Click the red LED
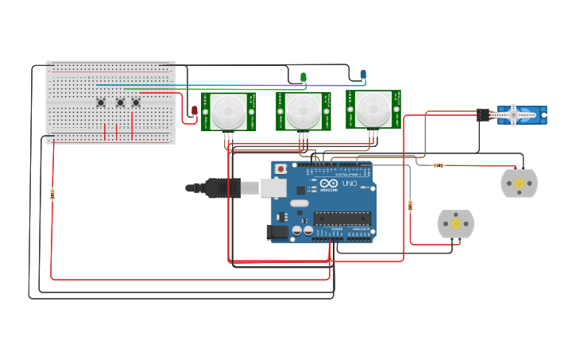[x=195, y=111]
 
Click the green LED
[x=303, y=77]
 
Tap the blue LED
[x=363, y=75]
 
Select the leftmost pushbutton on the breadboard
[x=101, y=102]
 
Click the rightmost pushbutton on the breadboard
[x=136, y=102]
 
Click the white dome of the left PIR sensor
[x=229, y=112]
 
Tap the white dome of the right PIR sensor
[x=373, y=110]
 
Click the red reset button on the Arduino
[x=280, y=168]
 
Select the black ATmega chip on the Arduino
[x=342, y=218]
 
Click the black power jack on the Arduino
[x=277, y=231]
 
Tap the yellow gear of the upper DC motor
[x=519, y=184]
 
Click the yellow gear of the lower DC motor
[x=455, y=224]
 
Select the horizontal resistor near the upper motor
[x=438, y=165]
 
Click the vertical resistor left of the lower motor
[x=410, y=206]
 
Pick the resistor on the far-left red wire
[x=52, y=192]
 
